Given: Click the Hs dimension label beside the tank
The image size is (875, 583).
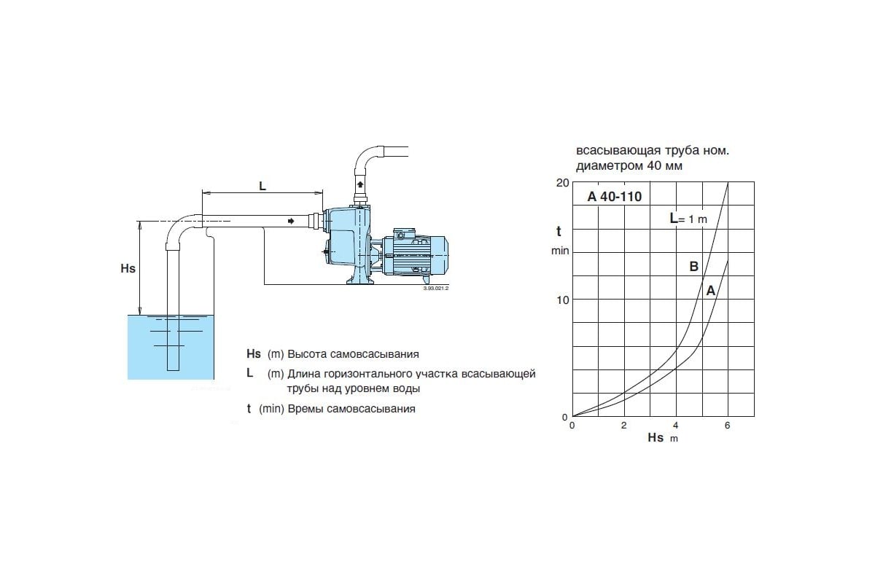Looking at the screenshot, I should [128, 268].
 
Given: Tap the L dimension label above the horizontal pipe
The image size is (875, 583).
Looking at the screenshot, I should [262, 186].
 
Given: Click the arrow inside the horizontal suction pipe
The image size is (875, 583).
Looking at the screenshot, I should [292, 221].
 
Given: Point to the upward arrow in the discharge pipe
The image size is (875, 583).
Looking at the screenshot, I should [360, 184].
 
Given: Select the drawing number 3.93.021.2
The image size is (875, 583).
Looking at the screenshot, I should [435, 289].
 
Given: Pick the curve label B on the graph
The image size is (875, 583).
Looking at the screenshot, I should [694, 267].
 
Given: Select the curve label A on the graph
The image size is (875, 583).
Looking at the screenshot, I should [710, 290].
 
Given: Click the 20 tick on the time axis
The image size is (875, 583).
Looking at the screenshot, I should [561, 182].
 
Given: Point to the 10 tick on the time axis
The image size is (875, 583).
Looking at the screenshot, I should [561, 300].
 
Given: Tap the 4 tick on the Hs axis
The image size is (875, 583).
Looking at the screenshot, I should [676, 425].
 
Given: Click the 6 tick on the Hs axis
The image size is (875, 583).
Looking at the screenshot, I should [728, 425].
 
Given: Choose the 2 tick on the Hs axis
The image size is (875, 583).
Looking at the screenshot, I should [624, 425].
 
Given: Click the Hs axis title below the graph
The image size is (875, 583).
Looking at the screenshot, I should [656, 438].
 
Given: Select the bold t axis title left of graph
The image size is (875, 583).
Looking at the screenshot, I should [559, 232].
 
